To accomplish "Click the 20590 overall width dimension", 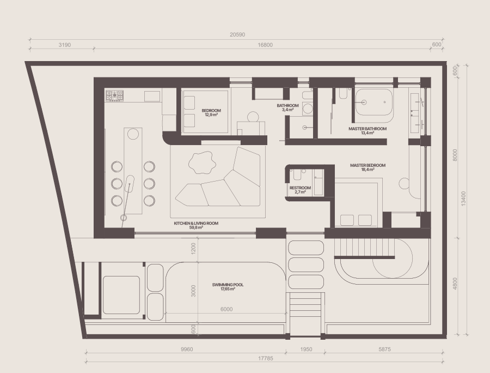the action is pyautogui.click(x=237, y=35).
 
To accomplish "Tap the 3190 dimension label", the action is pyautogui.click(x=65, y=45).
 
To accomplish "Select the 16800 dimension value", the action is pyautogui.click(x=265, y=45).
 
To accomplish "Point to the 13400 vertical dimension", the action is pyautogui.click(x=463, y=198).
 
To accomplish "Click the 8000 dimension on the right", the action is pyautogui.click(x=455, y=155).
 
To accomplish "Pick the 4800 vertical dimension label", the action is pyautogui.click(x=455, y=284).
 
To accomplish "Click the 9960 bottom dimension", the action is pyautogui.click(x=187, y=349).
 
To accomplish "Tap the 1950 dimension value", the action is pyautogui.click(x=306, y=349).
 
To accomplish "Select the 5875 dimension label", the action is pyautogui.click(x=384, y=349).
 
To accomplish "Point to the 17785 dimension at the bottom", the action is pyautogui.click(x=265, y=358).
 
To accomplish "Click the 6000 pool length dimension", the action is pyautogui.click(x=226, y=309).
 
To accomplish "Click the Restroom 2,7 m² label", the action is pyautogui.click(x=300, y=190).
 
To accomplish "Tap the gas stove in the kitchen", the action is pyautogui.click(x=114, y=96).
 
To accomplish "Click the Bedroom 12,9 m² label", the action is pyautogui.click(x=211, y=112).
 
